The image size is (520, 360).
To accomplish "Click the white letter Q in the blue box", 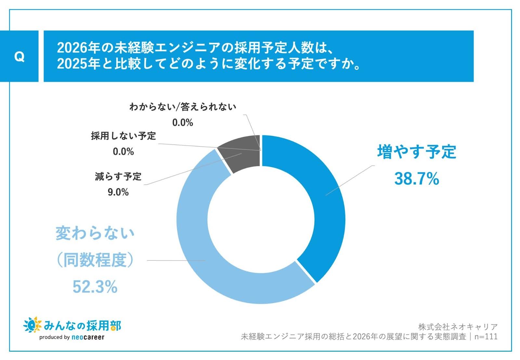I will tap(19, 57).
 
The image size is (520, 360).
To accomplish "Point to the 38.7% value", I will tap(417, 179).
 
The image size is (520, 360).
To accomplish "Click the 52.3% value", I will tap(95, 287).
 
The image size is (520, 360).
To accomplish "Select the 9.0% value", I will tap(118, 192).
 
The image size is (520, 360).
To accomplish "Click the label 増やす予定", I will tap(417, 152).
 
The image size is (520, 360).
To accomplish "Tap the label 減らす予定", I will tap(118, 177).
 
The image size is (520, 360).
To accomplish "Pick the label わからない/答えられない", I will tap(183, 107).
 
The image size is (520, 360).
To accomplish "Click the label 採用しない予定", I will tap(123, 136).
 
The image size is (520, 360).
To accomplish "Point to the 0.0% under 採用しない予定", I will tap(123, 151).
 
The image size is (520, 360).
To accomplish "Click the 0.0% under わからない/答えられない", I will tap(183, 122).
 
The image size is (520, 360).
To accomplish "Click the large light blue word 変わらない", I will tap(95, 233).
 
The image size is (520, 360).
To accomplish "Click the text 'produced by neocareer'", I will tap(72, 337).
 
